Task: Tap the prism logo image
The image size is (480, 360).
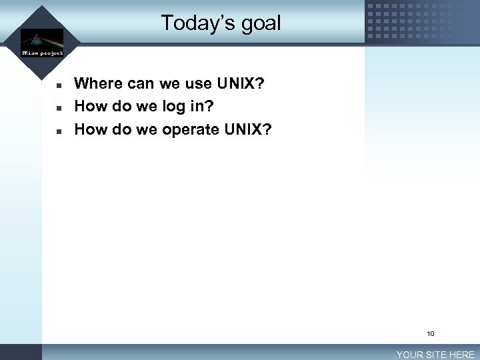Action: point(41,38)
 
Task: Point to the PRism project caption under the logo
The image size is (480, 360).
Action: point(42,53)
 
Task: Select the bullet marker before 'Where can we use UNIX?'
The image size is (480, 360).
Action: point(59,86)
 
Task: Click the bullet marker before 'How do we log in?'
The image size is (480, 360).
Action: point(59,108)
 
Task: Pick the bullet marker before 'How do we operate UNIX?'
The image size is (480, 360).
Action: point(59,131)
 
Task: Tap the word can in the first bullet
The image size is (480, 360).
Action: point(139,84)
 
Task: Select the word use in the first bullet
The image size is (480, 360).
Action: point(199,84)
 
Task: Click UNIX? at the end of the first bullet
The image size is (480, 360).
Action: point(241,84)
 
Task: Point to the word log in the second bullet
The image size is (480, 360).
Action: point(175,107)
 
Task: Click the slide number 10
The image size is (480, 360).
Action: point(431,333)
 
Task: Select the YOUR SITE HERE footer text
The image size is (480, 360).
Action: point(435,355)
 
